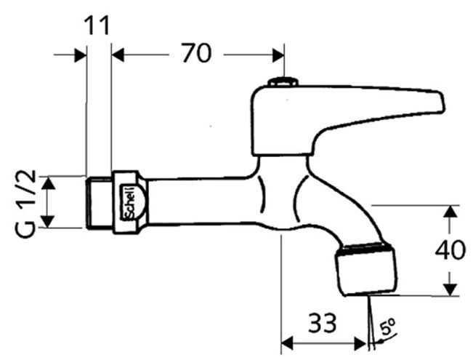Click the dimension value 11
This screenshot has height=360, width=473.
tap(97, 25)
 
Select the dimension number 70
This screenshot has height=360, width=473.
tap(197, 53)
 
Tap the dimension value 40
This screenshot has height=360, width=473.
tap(450, 250)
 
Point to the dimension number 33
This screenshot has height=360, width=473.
tap(322, 323)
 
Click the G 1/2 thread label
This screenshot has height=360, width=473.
tap(25, 204)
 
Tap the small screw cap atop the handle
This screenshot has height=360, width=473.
tap(283, 81)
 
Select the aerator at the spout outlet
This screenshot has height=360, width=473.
tap(365, 268)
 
